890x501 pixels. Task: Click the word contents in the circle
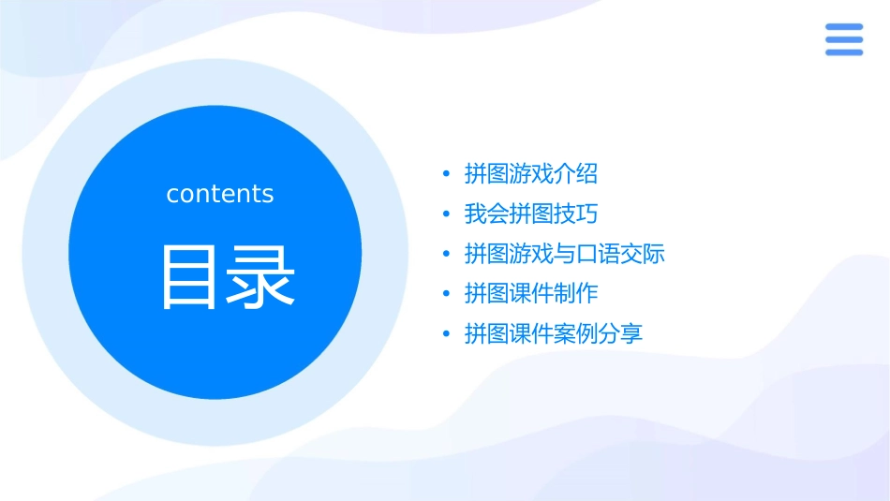220,194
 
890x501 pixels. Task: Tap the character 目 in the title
190,276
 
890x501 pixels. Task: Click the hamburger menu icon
844,40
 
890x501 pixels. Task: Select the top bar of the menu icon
844,27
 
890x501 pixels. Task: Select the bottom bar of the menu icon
844,52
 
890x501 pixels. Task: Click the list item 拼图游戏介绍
530,174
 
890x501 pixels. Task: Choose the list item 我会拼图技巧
530,214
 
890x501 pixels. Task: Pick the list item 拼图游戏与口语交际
564,254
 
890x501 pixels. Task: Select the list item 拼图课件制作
530,294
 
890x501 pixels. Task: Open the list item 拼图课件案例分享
553,334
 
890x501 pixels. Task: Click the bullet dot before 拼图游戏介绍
447,175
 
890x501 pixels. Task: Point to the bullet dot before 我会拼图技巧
447,214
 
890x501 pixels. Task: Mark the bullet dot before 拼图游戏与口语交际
447,255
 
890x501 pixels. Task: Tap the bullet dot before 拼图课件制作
447,294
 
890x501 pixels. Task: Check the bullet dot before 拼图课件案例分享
447,334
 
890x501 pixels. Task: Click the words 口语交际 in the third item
620,254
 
